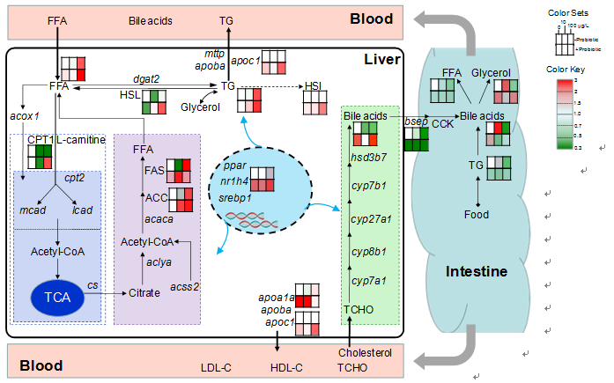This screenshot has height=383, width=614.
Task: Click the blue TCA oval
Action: point(57,298)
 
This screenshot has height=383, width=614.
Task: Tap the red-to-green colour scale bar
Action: point(566,112)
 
